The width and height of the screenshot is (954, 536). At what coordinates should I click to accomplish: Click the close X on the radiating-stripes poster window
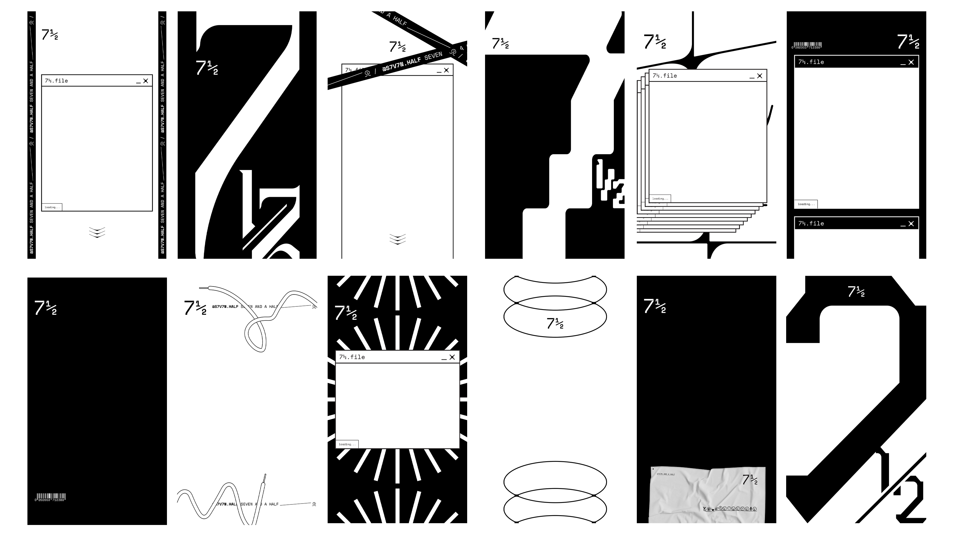click(452, 357)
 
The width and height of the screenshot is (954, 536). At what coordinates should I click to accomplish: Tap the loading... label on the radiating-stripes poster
click(347, 444)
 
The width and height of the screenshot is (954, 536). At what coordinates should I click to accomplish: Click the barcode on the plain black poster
click(51, 497)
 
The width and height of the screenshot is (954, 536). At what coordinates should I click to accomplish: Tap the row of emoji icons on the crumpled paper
click(729, 509)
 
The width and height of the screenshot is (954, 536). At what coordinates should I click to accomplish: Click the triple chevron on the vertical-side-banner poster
click(97, 232)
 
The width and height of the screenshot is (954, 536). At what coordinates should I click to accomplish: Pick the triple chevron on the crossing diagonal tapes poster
click(397, 239)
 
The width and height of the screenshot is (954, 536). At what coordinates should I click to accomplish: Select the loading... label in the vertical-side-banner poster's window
click(52, 207)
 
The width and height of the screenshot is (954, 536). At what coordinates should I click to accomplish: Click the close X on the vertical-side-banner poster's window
click(145, 81)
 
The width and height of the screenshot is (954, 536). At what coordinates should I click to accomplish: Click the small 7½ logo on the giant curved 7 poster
click(207, 68)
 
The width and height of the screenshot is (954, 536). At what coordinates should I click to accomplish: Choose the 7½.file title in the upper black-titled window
click(811, 62)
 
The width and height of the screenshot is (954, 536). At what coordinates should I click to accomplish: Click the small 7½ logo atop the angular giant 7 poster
click(856, 292)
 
